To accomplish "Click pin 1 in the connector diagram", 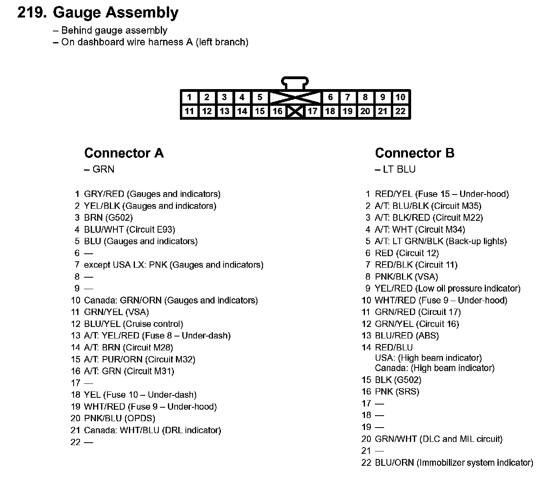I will [189, 97].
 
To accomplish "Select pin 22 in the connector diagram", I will [400, 111].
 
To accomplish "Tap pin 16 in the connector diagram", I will [277, 111].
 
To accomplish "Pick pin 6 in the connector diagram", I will [330, 97].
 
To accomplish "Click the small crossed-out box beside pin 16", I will [295, 111].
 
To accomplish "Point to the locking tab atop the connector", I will [295, 83].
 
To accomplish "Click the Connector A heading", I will [124, 153].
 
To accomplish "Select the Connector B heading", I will [414, 153].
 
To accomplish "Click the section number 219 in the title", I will [32, 13].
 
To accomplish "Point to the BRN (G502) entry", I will [108, 218].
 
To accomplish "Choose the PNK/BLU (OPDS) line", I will [119, 418].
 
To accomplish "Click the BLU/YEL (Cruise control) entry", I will [133, 324].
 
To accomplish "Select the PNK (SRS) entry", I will [397, 392].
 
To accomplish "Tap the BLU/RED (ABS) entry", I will [407, 336].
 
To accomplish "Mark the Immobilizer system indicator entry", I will [454, 463].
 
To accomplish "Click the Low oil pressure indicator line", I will [447, 288].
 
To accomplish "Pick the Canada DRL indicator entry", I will [152, 430].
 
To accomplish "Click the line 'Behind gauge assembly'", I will [114, 31].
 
